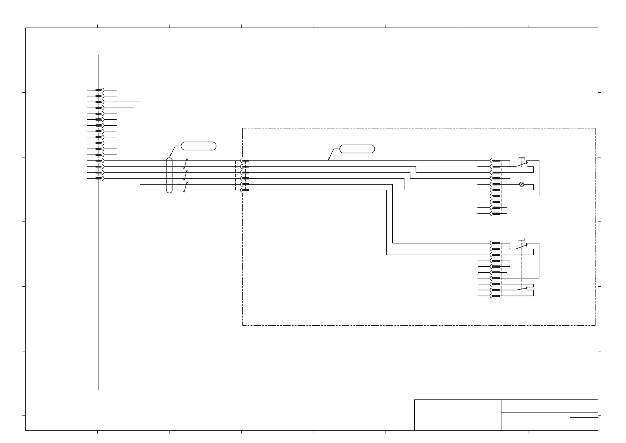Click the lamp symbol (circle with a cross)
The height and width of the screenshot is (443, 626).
pos(522,184)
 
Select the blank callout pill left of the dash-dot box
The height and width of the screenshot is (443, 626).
pos(199,146)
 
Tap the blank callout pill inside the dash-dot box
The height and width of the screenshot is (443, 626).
pos(357,149)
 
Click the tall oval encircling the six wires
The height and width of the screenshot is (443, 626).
pos(169,175)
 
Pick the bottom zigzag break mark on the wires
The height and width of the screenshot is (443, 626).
pos(185,187)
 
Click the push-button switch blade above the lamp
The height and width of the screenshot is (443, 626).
pos(519,164)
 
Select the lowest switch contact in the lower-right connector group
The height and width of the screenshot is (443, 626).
pos(522,289)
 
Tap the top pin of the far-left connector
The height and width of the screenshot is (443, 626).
pos(99,90)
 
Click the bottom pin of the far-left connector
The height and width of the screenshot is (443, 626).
pos(99,178)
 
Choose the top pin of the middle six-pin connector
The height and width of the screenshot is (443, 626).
pos(245,161)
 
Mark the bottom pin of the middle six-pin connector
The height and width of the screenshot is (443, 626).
pos(245,190)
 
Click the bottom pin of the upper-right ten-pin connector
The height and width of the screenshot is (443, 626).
pos(496,214)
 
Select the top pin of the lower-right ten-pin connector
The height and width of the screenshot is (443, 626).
pos(496,243)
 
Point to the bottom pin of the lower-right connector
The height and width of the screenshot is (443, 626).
pos(496,296)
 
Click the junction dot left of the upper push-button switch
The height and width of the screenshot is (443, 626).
pos(510,166)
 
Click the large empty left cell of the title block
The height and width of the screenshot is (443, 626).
pos(457,417)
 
